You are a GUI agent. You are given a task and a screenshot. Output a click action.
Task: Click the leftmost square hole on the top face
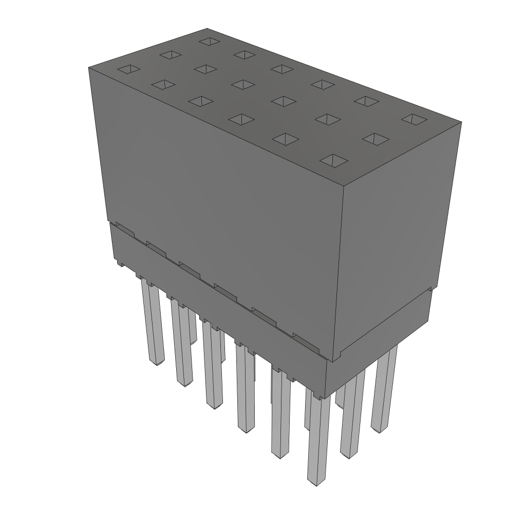(x=128, y=69)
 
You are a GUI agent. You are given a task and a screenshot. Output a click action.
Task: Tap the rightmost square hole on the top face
(x=415, y=119)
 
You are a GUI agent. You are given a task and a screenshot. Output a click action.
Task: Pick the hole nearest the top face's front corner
(x=333, y=161)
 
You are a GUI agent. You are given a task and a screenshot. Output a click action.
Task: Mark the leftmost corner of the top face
(x=89, y=67)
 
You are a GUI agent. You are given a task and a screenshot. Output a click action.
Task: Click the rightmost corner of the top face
(x=461, y=122)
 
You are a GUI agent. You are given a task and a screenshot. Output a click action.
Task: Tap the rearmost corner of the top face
(x=207, y=29)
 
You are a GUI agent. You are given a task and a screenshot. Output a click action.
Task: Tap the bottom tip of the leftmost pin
(x=156, y=363)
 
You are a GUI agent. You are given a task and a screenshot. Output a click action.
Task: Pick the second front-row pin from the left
(x=182, y=344)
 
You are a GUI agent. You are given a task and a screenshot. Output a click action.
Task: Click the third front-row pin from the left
(x=212, y=365)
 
